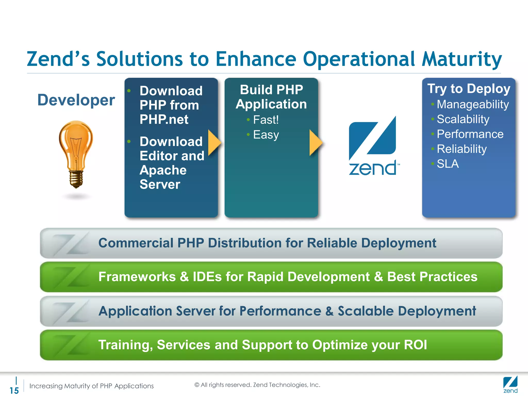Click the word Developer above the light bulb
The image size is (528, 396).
[x=76, y=100]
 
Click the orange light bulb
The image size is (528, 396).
[x=76, y=144]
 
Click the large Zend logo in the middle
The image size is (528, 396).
[x=373, y=146]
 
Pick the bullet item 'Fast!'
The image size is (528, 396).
[x=266, y=120]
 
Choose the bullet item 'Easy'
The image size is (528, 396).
[x=266, y=135]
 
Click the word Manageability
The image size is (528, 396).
[x=473, y=104]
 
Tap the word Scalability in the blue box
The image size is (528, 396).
[x=463, y=119]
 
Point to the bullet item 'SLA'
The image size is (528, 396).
[x=448, y=164]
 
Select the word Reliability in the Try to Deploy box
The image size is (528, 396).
[x=461, y=149]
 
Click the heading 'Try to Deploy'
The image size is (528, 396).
[x=469, y=89]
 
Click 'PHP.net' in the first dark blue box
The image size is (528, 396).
[x=164, y=119]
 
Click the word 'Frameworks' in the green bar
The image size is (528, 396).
[x=137, y=277]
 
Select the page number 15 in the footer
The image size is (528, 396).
[x=14, y=390]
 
